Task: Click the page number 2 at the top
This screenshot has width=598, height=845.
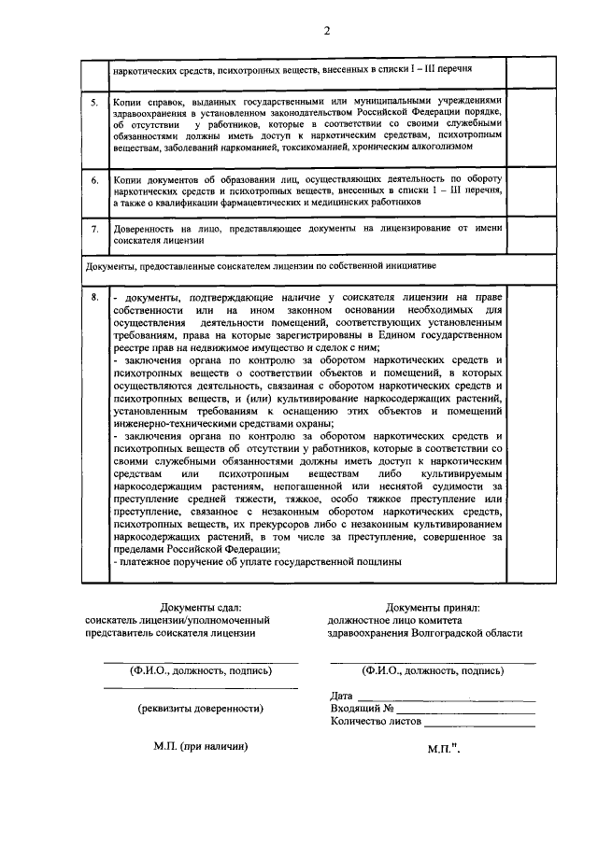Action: (327, 30)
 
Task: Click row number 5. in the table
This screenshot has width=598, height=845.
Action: (94, 100)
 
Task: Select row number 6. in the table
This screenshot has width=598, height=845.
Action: (94, 178)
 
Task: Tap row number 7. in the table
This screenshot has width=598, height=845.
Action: (94, 228)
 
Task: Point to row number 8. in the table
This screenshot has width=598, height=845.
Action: (94, 297)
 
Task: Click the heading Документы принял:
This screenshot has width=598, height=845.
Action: (432, 608)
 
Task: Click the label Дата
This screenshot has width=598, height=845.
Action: (342, 696)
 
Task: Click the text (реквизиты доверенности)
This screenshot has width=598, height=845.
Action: (200, 708)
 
